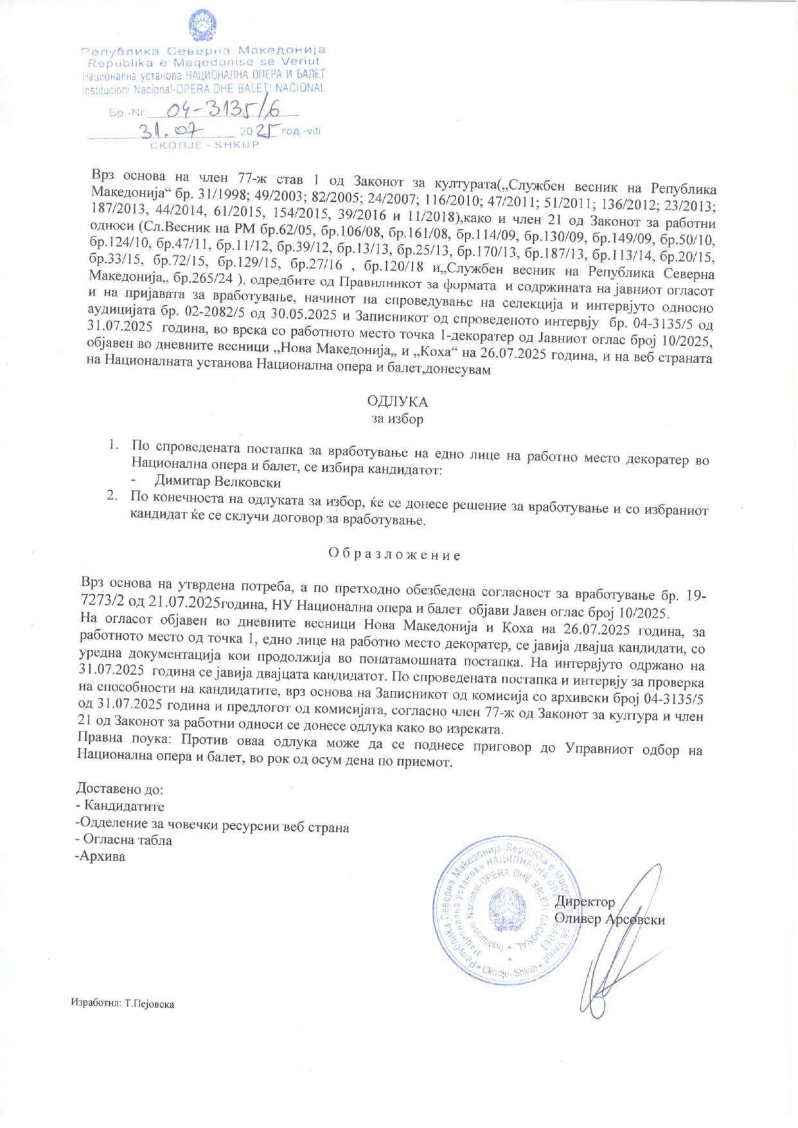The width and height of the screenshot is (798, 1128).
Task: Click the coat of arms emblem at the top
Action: (x=202, y=26)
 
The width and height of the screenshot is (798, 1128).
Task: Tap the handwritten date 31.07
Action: (x=175, y=131)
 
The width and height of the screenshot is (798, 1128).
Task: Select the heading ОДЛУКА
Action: (x=397, y=402)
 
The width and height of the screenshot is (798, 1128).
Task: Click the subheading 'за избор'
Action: (x=397, y=419)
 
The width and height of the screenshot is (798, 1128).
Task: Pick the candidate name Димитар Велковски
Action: (x=217, y=481)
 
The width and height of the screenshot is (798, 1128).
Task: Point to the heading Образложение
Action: (x=395, y=554)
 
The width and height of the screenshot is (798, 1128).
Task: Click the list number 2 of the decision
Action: (x=111, y=496)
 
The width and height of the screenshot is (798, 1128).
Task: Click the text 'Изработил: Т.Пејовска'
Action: (x=123, y=1003)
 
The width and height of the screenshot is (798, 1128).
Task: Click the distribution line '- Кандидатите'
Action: (x=120, y=806)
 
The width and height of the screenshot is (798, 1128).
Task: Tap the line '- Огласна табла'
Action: (x=124, y=840)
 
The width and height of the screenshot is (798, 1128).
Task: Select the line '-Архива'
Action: (x=100, y=857)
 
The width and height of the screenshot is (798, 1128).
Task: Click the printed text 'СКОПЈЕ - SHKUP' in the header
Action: (x=204, y=145)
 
